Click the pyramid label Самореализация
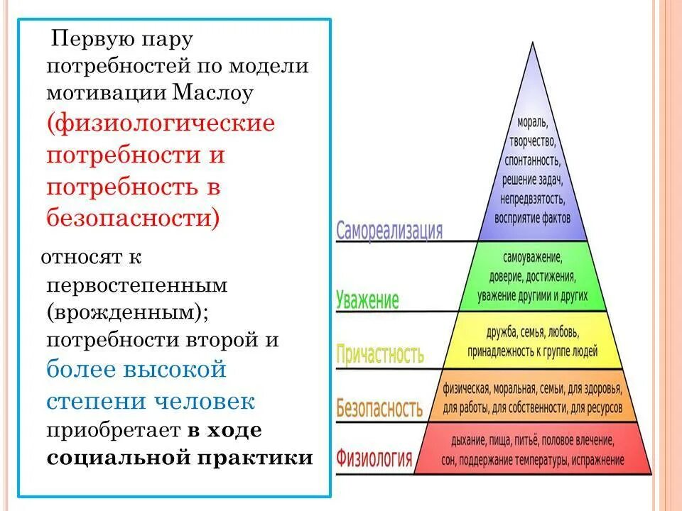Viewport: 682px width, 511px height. (389, 231)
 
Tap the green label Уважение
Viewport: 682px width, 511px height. (367, 300)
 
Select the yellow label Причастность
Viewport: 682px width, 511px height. (380, 353)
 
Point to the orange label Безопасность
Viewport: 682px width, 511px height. (379, 407)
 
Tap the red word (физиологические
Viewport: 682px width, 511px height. (161, 123)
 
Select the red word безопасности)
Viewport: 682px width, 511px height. (134, 216)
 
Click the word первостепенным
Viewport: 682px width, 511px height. (137, 285)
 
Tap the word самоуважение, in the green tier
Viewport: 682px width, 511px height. (533, 256)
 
